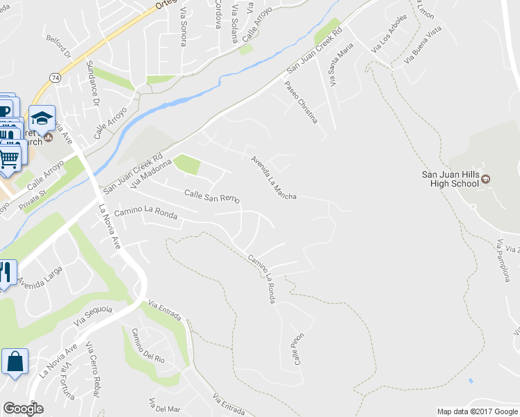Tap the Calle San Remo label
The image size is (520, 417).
pos(212,197)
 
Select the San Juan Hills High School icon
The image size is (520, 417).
pos(486,180)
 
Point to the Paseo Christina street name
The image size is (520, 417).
pos(301,102)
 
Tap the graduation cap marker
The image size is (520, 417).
pos(42,117)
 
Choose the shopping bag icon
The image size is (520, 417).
pos(14,362)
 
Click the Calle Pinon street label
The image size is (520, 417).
pos(298,347)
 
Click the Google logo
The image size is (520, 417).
pos(23,409)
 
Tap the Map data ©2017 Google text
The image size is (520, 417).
pos(477,411)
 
